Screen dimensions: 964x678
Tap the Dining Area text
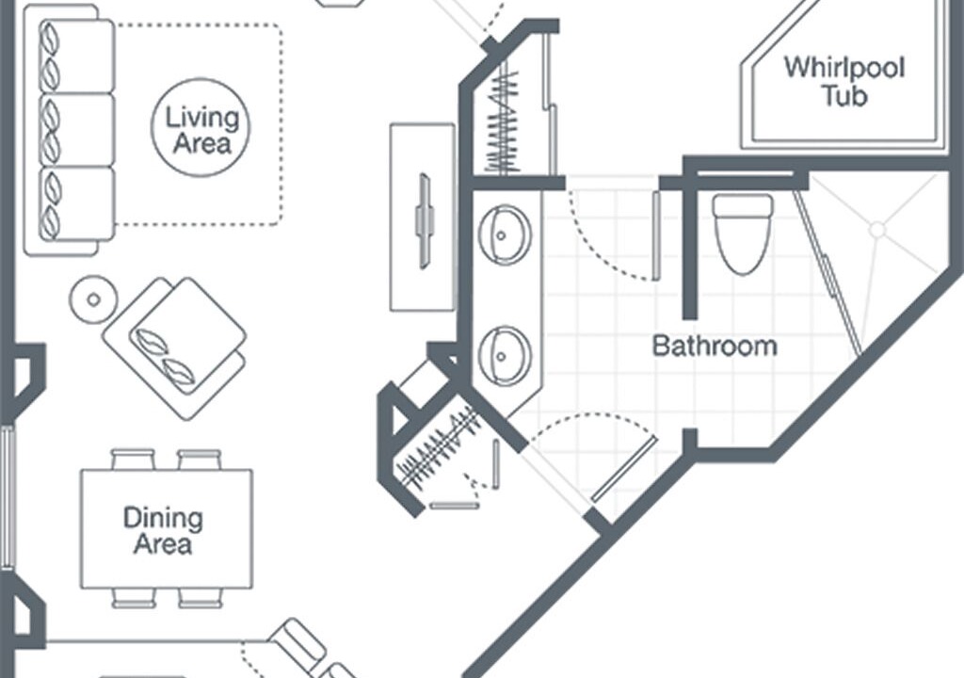163,530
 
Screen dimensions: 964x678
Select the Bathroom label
715,346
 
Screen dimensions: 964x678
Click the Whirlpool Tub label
844,81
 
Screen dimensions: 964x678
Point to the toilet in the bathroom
743,234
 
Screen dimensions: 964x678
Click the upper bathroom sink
505,235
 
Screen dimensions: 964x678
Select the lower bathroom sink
505,356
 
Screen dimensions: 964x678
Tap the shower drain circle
878,230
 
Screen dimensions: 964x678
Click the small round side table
93,299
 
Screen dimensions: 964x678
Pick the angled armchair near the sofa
174,347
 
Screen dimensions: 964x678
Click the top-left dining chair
132,460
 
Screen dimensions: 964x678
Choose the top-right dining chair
200,460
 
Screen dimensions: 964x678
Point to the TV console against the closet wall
423,218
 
